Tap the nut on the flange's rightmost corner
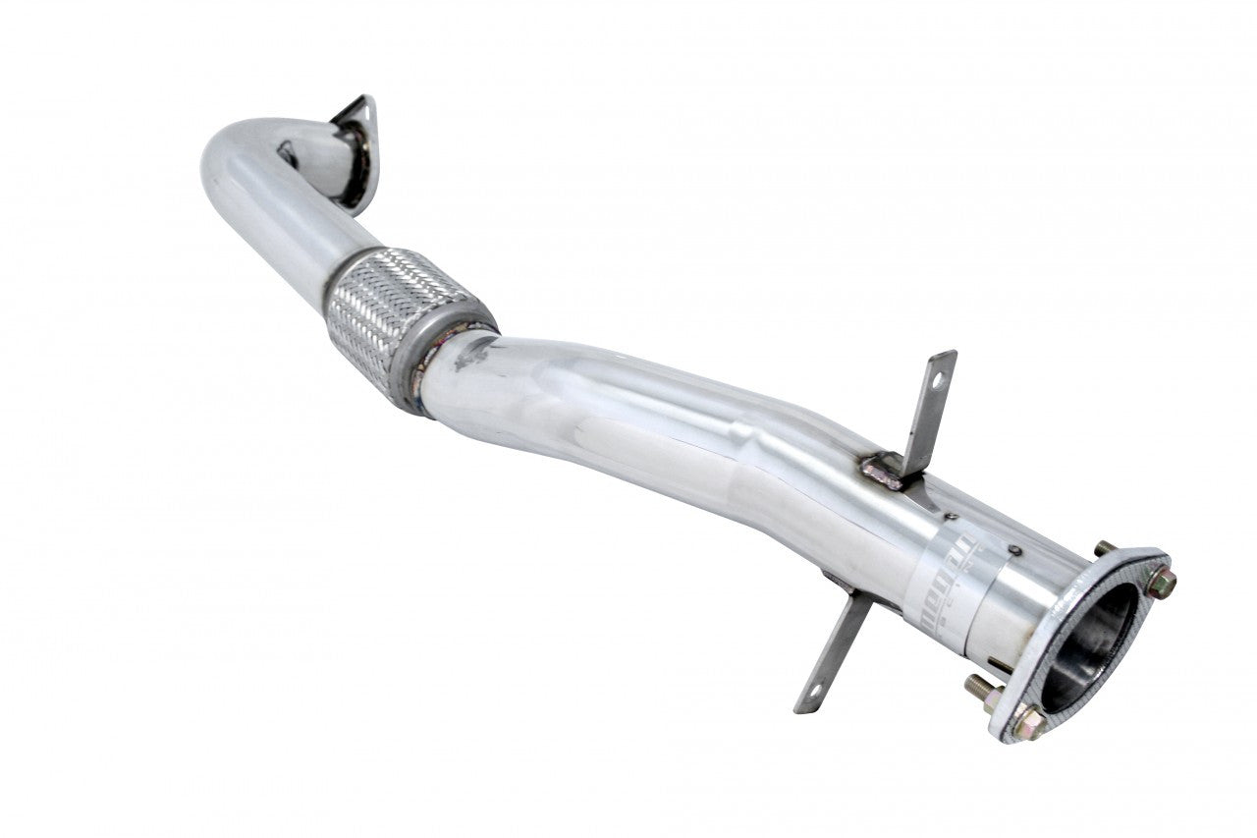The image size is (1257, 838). point(1162,583)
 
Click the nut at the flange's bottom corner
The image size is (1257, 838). point(1028,724)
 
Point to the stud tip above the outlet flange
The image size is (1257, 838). point(1104,547)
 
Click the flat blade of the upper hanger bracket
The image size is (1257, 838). point(927,408)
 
